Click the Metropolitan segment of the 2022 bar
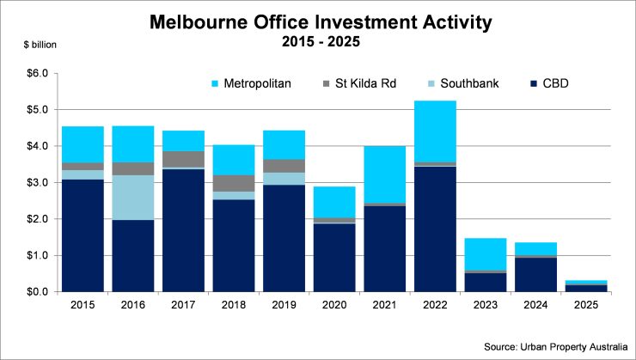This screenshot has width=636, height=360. click(435, 131)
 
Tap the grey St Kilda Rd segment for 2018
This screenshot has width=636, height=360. click(234, 183)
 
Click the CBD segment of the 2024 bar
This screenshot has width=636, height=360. click(535, 275)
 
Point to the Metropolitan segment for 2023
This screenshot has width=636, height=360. click(485, 254)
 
